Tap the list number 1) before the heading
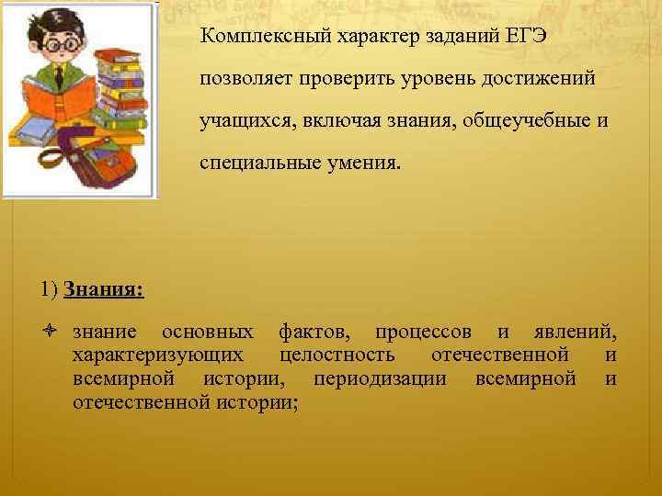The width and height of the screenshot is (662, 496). pos(49,290)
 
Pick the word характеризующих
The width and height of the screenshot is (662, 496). pos(158,355)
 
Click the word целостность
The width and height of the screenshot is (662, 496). pos(337,355)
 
